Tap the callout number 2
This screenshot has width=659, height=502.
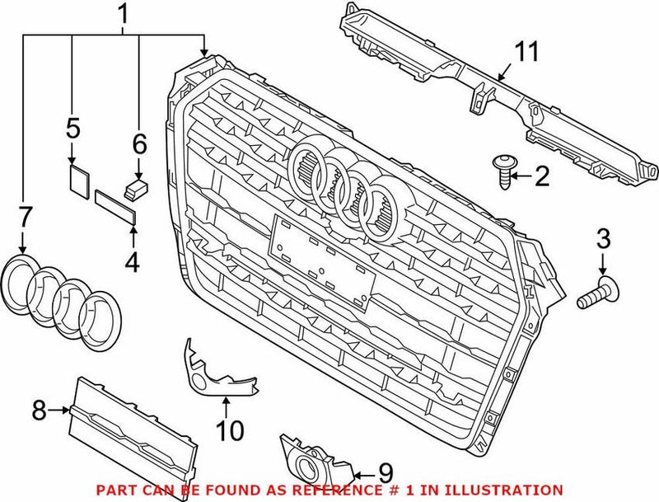[x=541, y=174]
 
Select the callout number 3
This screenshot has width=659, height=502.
[x=604, y=241]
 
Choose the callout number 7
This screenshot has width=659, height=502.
[x=24, y=218]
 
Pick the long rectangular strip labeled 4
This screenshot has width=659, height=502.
[x=117, y=204]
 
